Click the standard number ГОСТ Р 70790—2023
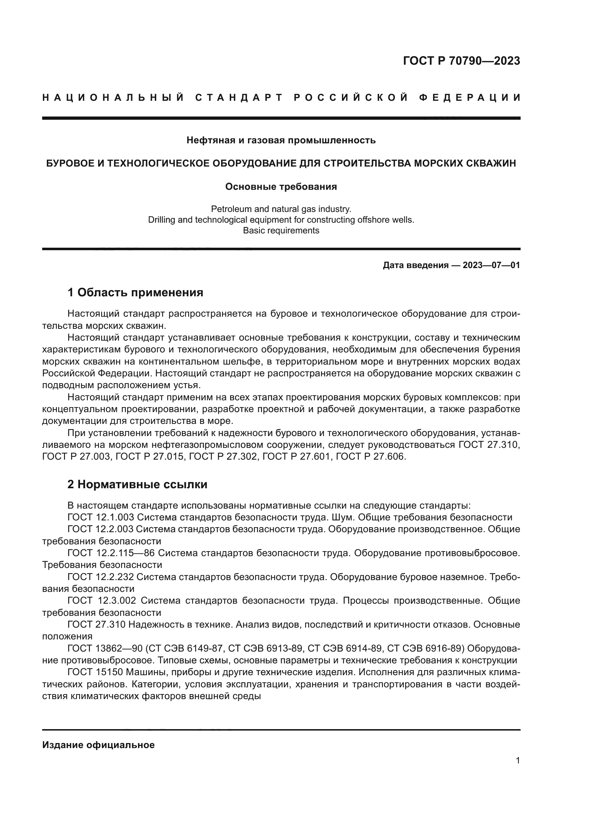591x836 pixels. point(461,61)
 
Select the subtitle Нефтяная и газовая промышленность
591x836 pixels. point(281,140)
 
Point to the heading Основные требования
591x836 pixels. point(281,187)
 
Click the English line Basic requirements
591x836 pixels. point(281,231)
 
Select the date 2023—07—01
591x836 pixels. point(491,265)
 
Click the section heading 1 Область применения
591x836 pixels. point(135,292)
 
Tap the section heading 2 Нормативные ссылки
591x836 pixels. point(137,484)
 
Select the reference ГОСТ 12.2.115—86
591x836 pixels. point(111,553)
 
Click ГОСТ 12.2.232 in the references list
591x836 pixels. point(101,577)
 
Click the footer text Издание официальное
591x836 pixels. point(98,745)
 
